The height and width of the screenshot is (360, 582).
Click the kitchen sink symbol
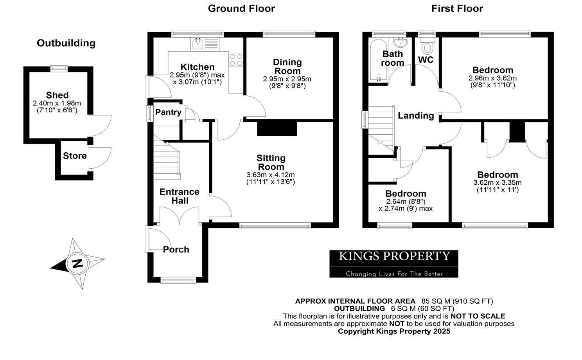pos(205,44)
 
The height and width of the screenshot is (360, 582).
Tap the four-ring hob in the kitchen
pos(236,59)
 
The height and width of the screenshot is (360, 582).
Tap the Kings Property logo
pos(393,264)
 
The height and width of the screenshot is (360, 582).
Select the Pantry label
pos(168,112)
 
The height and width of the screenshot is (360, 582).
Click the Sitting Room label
pos(271,162)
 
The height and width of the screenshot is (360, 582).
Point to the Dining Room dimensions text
pos(287,82)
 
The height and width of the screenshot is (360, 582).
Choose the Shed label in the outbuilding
pos(57,95)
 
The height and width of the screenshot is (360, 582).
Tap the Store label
pos(75,156)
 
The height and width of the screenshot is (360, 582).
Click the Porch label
pos(176,249)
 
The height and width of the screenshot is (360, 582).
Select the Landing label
pos(416,115)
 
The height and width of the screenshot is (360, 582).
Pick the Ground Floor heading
pos(241,8)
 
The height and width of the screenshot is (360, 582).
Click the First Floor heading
pos(457,8)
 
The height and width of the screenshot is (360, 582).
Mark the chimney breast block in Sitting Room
pos(277,129)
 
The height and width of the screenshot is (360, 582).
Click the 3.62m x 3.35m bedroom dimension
pos(498,183)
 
